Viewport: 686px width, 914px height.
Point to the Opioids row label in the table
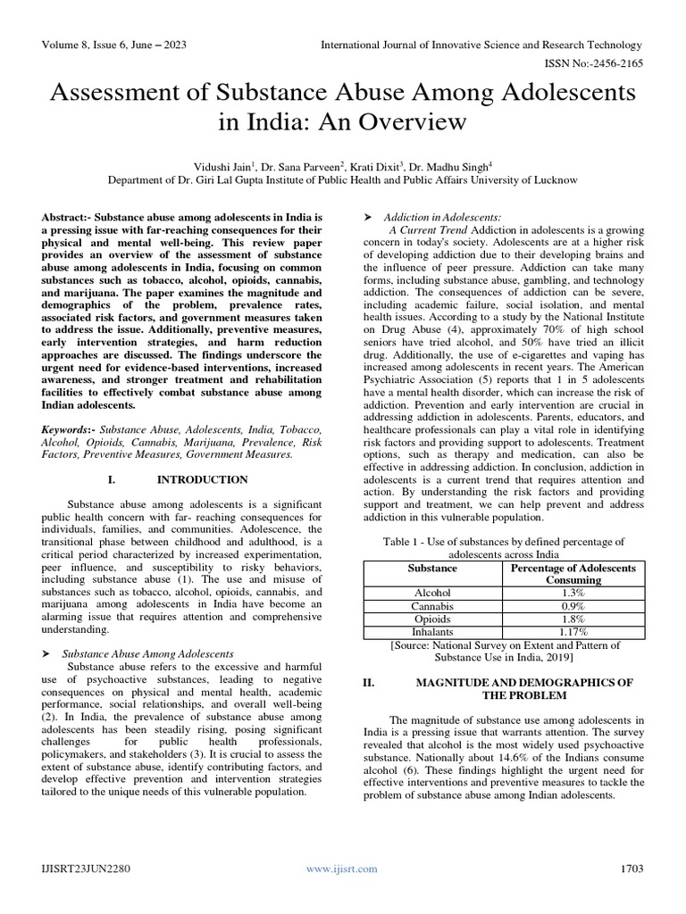point(432,619)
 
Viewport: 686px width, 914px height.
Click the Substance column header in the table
point(432,568)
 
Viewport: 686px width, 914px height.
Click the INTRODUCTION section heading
point(202,479)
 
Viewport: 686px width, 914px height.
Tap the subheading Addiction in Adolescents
point(441,218)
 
